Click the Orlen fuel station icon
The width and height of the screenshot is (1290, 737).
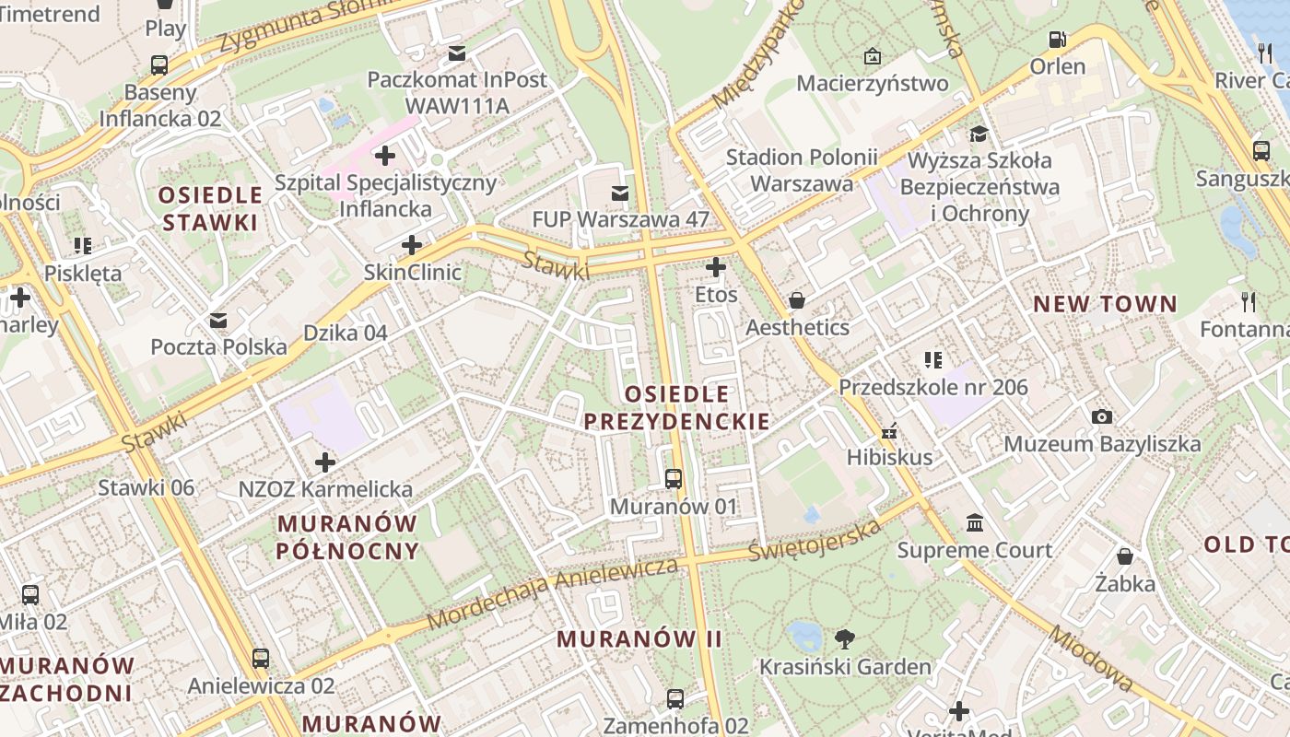pyautogui.click(x=1057, y=40)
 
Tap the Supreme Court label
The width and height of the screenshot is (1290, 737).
pyautogui.click(x=974, y=550)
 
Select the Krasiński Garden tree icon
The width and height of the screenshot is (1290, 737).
pyautogui.click(x=843, y=638)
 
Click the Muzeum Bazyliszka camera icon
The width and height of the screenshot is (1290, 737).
pyautogui.click(x=1101, y=417)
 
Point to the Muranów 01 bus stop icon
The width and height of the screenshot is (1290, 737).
pyautogui.click(x=674, y=479)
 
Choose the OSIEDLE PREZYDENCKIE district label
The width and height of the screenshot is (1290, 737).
pyautogui.click(x=677, y=408)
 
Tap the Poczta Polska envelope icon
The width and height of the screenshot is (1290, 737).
pyautogui.click(x=218, y=321)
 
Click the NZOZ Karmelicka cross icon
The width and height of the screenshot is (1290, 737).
pyautogui.click(x=324, y=462)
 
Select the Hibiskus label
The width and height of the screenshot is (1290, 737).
pyautogui.click(x=889, y=457)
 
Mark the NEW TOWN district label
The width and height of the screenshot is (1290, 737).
pyautogui.click(x=1105, y=304)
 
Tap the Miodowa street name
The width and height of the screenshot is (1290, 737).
pyautogui.click(x=1091, y=659)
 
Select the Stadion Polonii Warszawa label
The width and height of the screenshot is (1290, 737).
pyautogui.click(x=802, y=170)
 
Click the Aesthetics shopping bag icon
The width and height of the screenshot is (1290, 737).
pyautogui.click(x=797, y=300)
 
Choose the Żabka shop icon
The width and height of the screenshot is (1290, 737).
pyautogui.click(x=1125, y=556)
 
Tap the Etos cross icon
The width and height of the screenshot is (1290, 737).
pyautogui.click(x=716, y=267)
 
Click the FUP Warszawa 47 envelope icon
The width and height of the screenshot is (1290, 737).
pyautogui.click(x=620, y=193)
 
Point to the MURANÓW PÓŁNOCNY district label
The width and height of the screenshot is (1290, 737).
pyautogui.click(x=348, y=537)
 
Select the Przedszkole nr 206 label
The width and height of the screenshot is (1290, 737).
pyautogui.click(x=932, y=387)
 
